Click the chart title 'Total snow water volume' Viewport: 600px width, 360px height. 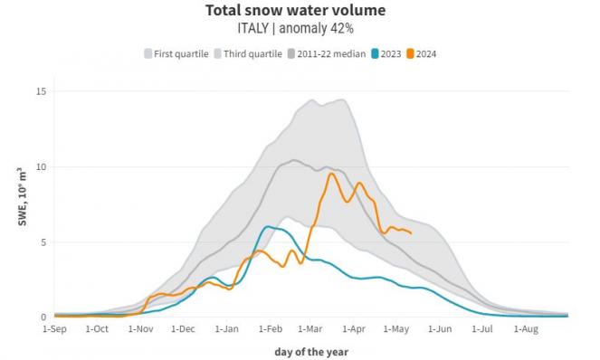(x=295, y=11)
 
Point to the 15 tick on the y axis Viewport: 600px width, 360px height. (x=41, y=91)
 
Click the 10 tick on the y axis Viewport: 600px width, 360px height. (x=41, y=166)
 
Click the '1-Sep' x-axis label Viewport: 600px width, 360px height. (x=55, y=330)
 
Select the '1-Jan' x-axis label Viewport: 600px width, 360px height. (x=227, y=330)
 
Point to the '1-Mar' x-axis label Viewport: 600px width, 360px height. (x=312, y=330)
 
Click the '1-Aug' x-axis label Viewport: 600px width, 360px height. (x=527, y=330)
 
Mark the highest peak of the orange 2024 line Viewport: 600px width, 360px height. (x=330, y=174)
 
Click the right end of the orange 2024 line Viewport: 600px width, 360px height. (x=412, y=233)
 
